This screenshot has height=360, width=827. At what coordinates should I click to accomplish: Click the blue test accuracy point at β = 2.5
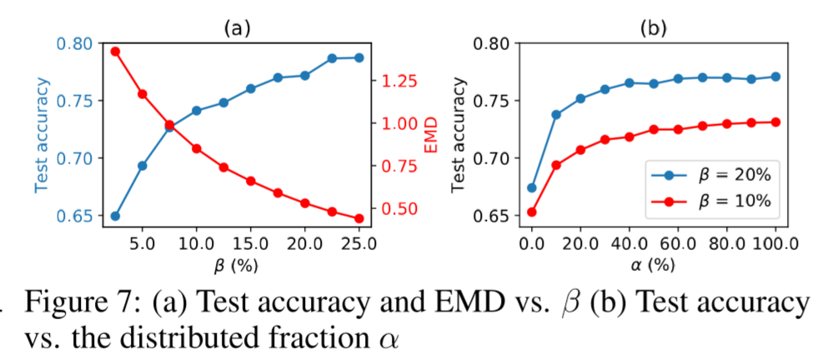[x=115, y=216]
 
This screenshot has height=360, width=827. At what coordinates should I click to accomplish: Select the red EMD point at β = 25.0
[x=358, y=218]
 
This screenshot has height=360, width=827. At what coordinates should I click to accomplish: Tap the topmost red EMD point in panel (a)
[x=115, y=52]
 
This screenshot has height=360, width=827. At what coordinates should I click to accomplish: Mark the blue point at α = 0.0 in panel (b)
[x=532, y=187]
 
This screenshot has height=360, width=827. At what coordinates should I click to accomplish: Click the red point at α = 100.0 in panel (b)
[x=775, y=122]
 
